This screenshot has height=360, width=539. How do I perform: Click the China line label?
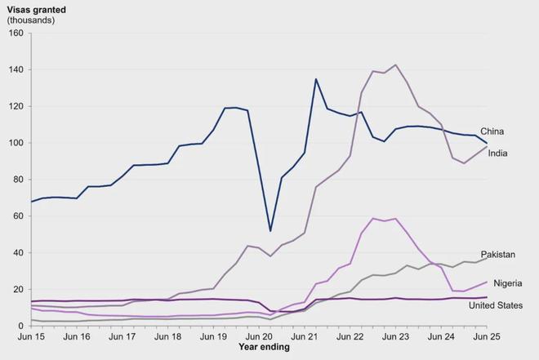point(491,131)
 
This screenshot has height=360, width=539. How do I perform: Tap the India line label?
point(498,153)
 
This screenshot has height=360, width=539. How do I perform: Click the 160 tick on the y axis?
point(16,33)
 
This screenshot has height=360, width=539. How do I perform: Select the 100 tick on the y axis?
point(16,143)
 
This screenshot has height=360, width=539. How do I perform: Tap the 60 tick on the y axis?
point(19,216)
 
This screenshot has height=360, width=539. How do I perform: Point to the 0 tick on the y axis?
point(21,326)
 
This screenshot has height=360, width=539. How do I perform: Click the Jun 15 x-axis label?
point(31,336)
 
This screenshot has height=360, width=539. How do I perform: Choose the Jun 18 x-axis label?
point(167,336)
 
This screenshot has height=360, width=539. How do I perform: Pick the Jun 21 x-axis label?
point(305,336)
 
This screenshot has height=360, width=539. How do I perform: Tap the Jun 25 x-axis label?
point(487,336)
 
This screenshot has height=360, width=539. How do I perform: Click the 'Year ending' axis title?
point(263,347)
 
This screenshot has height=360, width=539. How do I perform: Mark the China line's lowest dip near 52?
point(270,231)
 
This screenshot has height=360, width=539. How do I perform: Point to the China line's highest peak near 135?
point(316,79)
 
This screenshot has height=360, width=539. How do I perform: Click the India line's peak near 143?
point(396,65)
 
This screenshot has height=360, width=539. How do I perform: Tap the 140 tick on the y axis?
point(16,70)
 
